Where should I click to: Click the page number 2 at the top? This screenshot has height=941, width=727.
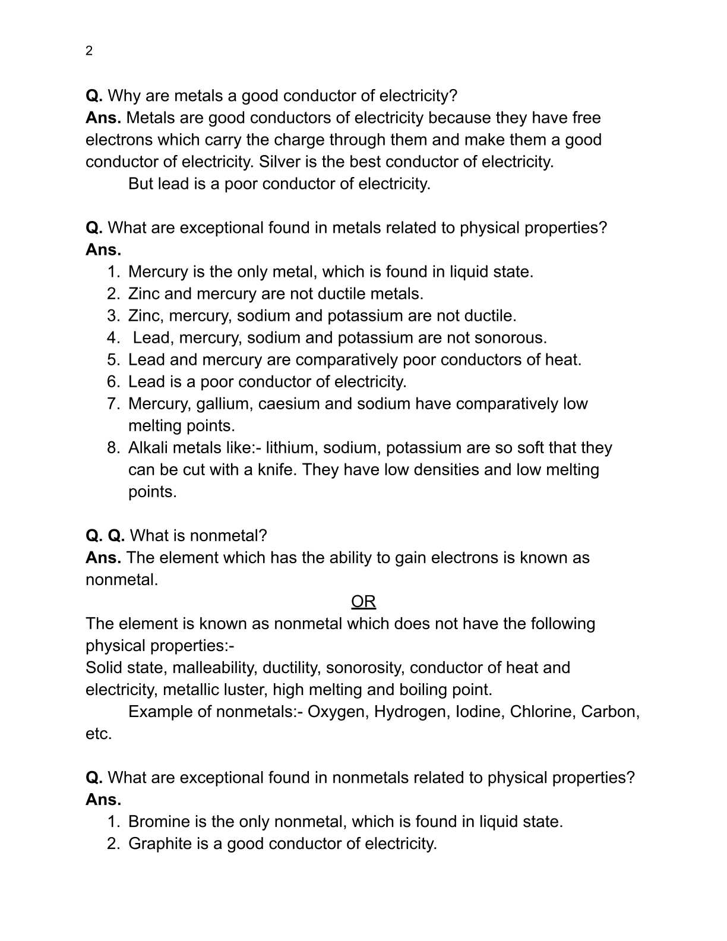pos(89,51)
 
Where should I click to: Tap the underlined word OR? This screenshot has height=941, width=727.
pos(363,602)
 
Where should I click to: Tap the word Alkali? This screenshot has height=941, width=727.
pos(148,448)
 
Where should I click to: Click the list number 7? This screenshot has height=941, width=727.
pos(113,404)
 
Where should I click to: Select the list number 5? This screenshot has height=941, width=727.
pos(113,360)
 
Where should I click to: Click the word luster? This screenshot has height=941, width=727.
pos(245,690)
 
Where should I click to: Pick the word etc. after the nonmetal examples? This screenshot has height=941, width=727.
pos(99,734)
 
